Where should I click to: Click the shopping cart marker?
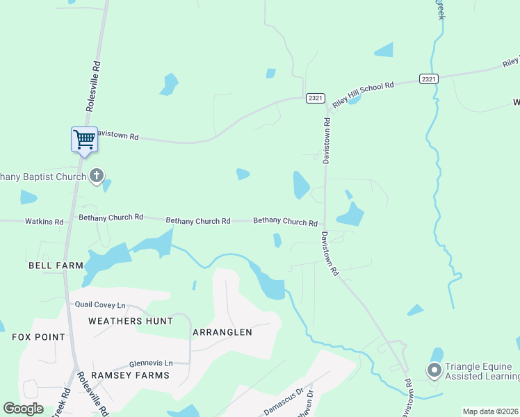pos(84,140)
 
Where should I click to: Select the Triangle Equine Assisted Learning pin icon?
pos(435,370)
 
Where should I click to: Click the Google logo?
pos(23,409)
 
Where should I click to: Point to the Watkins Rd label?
pos(44,222)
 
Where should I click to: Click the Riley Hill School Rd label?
pos(363,94)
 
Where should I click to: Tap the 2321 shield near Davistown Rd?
pos(315,98)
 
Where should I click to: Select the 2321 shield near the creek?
pos(429,79)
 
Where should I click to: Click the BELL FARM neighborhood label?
pos(55,265)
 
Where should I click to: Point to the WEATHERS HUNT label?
pos(130,320)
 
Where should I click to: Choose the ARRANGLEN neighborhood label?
pos(222,332)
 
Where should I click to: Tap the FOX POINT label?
pos(38,337)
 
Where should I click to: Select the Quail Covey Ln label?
pos(100,304)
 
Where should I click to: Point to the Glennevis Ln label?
pos(151,363)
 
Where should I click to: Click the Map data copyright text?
pos(491,411)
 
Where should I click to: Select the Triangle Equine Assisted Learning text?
pos(481,372)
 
